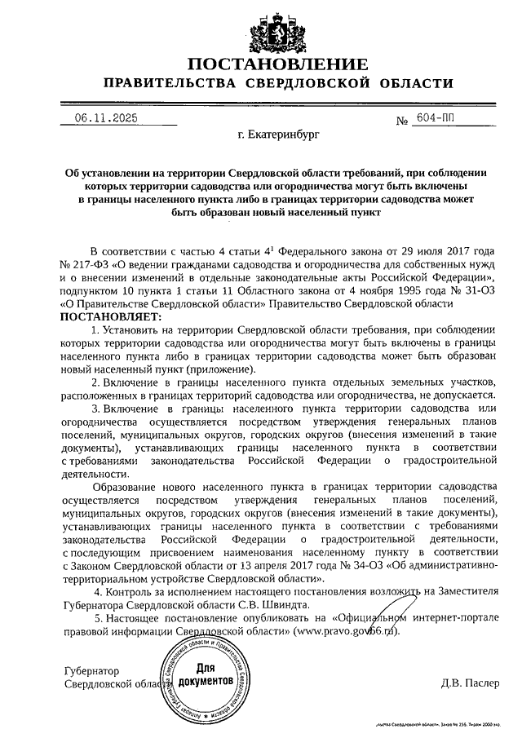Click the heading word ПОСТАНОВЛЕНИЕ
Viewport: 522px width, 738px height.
tap(275, 64)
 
